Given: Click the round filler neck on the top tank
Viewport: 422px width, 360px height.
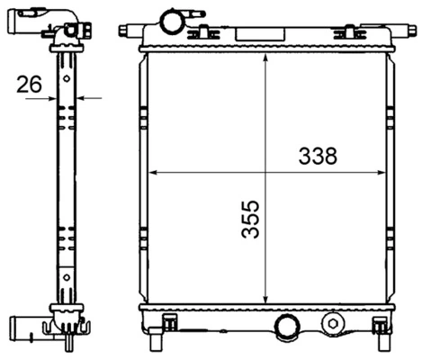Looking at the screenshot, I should pos(169,20).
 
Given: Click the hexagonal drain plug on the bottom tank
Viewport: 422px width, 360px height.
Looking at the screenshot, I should pos(333,323).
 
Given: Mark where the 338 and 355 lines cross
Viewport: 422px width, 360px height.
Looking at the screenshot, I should pos(265,171).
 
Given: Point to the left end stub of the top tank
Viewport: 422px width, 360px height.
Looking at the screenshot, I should pos(127,31).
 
